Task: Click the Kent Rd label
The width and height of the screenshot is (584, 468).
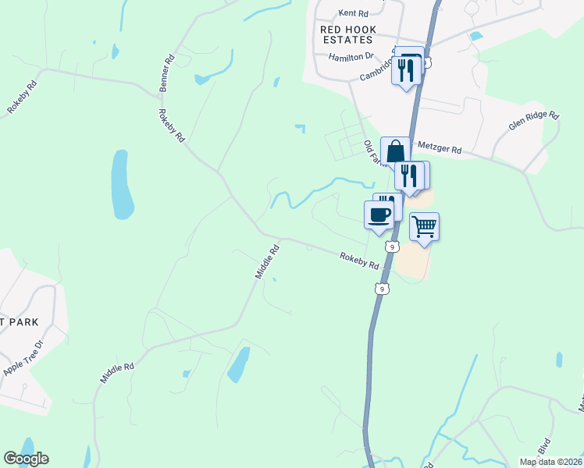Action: pyautogui.click(x=352, y=13)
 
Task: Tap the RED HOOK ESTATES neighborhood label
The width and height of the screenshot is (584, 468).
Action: pyautogui.click(x=348, y=35)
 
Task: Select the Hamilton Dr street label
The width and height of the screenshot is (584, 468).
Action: pyautogui.click(x=351, y=57)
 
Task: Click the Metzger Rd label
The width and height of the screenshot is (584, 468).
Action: pyautogui.click(x=440, y=147)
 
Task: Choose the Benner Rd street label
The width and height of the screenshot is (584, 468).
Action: pyautogui.click(x=166, y=73)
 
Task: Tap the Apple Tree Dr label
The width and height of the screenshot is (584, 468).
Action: pyautogui.click(x=23, y=358)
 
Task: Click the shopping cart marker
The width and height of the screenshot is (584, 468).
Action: pyautogui.click(x=424, y=227)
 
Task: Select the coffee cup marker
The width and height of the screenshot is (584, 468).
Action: pyautogui.click(x=379, y=214)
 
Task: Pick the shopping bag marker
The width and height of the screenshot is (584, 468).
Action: pyautogui.click(x=396, y=151)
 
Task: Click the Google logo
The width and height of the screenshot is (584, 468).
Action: pyautogui.click(x=26, y=459)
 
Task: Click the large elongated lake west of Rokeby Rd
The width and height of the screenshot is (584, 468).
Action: pyautogui.click(x=121, y=185)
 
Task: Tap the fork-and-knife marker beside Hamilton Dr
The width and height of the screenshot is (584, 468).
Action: pyautogui.click(x=406, y=70)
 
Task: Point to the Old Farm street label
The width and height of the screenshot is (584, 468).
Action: pyautogui.click(x=375, y=153)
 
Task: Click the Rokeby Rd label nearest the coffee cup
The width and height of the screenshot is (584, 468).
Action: pyautogui.click(x=358, y=260)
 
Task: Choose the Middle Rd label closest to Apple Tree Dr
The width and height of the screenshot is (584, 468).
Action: pyautogui.click(x=117, y=371)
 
